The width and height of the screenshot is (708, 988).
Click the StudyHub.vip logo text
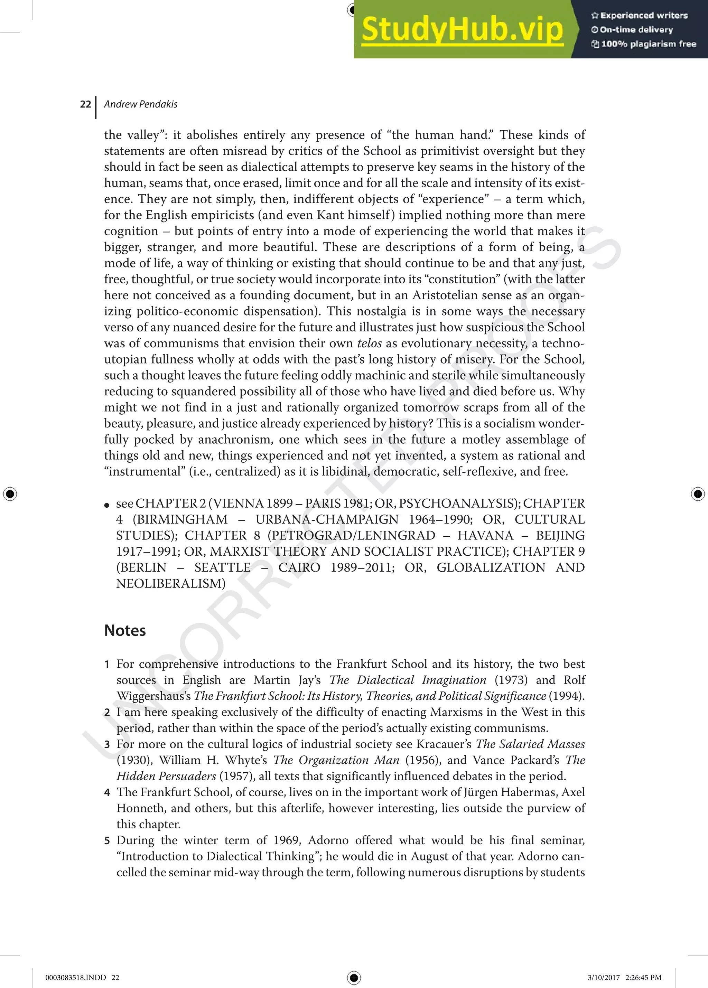pyautogui.click(x=462, y=30)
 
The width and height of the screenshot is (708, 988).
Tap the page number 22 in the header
pyautogui.click(x=85, y=104)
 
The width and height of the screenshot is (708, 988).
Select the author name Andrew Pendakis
pyautogui.click(x=141, y=104)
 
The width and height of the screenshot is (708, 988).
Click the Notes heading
pyautogui.click(x=125, y=630)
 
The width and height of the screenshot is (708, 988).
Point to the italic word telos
pyautogui.click(x=370, y=343)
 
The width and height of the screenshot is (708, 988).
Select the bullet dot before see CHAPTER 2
pyautogui.click(x=107, y=505)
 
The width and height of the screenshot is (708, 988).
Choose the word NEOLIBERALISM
pyautogui.click(x=171, y=584)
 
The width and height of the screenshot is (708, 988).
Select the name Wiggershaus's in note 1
pyautogui.click(x=153, y=696)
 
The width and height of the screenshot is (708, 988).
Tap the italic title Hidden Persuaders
pyautogui.click(x=166, y=776)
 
